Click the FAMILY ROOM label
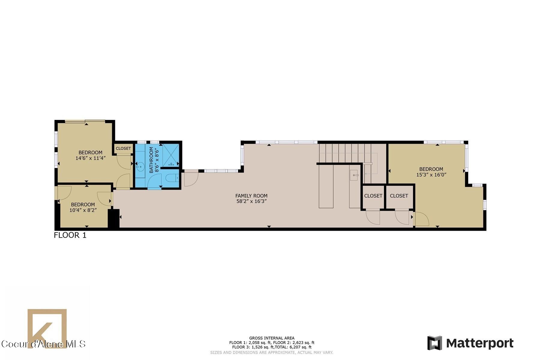click(x=251, y=196)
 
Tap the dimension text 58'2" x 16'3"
click(x=251, y=201)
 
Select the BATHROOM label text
click(x=151, y=160)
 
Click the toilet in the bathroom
click(x=172, y=178)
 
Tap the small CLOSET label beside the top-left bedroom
click(x=123, y=148)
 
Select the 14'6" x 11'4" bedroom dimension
click(x=90, y=158)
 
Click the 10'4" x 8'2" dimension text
click(x=83, y=210)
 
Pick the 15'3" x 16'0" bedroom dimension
click(x=431, y=175)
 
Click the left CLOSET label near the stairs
click(x=373, y=196)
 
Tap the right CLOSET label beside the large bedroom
click(x=399, y=196)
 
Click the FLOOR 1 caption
click(x=70, y=235)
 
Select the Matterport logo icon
click(x=435, y=343)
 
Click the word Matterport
click(x=480, y=343)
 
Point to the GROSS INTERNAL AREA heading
click(x=272, y=338)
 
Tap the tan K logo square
click(x=47, y=328)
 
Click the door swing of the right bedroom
click(x=421, y=219)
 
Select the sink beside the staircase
click(x=354, y=175)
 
